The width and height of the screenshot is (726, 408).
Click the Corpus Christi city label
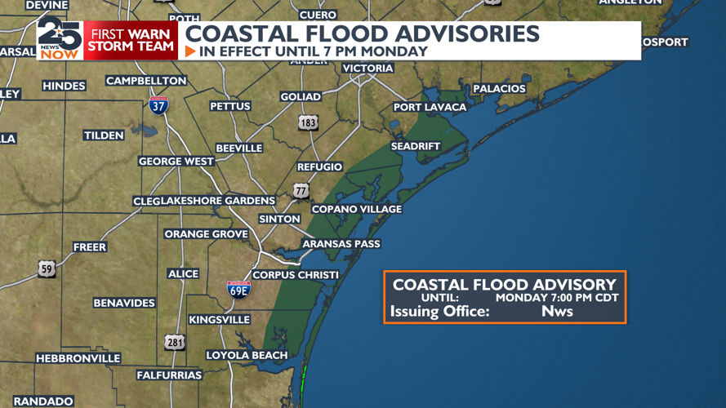[295, 275]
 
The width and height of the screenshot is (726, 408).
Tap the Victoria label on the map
[367, 69]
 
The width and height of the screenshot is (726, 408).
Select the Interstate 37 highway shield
[158, 104]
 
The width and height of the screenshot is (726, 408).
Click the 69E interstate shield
[238, 289]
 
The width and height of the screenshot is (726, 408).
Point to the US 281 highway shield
[175, 342]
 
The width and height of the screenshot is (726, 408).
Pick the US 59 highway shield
[47, 268]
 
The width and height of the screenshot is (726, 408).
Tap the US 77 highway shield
[301, 191]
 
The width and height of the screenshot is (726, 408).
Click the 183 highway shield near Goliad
[308, 123]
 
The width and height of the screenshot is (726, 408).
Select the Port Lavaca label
[430, 107]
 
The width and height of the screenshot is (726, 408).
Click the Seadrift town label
[415, 146]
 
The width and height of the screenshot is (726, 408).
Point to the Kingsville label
[219, 320]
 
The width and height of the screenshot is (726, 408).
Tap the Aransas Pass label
[341, 244]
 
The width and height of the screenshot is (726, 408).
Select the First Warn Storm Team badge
[131, 40]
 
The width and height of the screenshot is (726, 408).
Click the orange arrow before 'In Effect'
[190, 51]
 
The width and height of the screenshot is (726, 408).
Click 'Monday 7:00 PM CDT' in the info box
[557, 298]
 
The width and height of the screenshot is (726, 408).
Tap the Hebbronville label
[78, 358]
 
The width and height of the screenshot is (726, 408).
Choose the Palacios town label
[499, 88]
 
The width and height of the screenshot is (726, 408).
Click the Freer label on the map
[90, 246]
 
